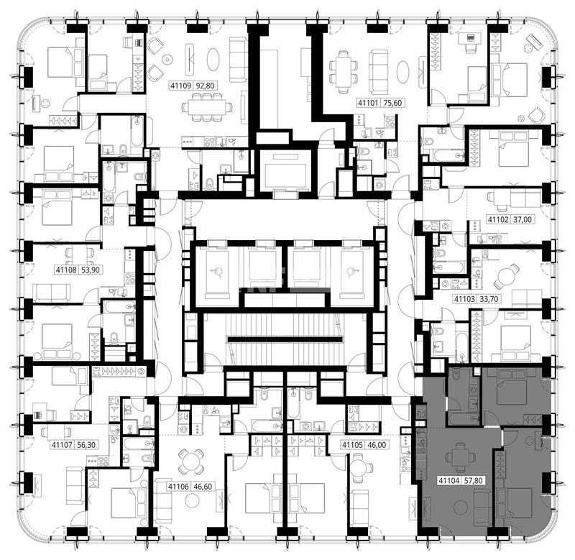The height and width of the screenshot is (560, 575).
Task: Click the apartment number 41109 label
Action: [181, 86]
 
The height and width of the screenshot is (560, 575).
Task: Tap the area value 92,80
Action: [206, 86]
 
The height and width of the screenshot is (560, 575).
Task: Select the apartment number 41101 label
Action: [368, 103]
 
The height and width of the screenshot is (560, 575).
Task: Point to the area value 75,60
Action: [392, 103]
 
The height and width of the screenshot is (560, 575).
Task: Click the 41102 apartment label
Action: [498, 220]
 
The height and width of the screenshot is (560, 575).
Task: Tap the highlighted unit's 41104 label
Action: [449, 480]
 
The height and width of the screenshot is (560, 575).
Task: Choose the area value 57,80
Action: [474, 480]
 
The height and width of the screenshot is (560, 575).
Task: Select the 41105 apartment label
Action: [352, 445]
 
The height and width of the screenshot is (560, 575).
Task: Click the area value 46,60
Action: [203, 487]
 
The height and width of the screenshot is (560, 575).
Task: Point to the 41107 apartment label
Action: [62, 445]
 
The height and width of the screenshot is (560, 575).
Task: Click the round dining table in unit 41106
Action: [190, 461]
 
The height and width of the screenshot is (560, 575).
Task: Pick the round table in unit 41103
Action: [507, 275]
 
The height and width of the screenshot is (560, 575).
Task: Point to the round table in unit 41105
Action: [361, 468]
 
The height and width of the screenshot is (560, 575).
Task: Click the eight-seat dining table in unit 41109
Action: [207, 107]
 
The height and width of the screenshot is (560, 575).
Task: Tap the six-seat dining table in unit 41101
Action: [344, 71]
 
